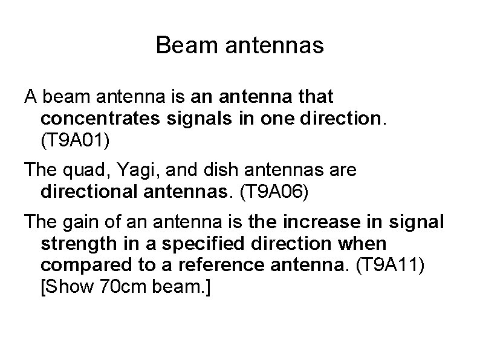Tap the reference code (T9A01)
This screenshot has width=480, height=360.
[x=76, y=140]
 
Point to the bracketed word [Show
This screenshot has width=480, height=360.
[x=61, y=287]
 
